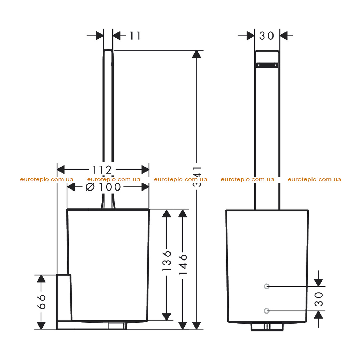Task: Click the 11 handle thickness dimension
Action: (x=135, y=36)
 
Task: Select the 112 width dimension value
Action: (x=102, y=170)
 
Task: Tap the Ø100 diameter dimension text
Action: (x=103, y=187)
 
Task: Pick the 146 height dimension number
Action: (x=183, y=264)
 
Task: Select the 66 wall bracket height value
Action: (x=41, y=302)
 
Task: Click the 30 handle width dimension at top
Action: (x=267, y=36)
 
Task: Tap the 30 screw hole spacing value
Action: (x=319, y=299)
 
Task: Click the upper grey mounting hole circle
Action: (x=266, y=286)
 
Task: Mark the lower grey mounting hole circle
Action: (x=266, y=311)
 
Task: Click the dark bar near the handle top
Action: (x=267, y=65)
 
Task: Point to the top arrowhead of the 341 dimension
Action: (x=197, y=54)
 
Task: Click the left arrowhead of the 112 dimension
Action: (x=61, y=170)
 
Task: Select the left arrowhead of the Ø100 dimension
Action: (x=71, y=187)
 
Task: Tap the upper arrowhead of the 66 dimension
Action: (x=41, y=279)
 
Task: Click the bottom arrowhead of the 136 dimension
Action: (x=166, y=317)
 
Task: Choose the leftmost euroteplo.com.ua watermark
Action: (x=47, y=179)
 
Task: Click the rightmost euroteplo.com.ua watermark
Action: (x=314, y=179)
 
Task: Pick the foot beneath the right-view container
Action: (x=267, y=327)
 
